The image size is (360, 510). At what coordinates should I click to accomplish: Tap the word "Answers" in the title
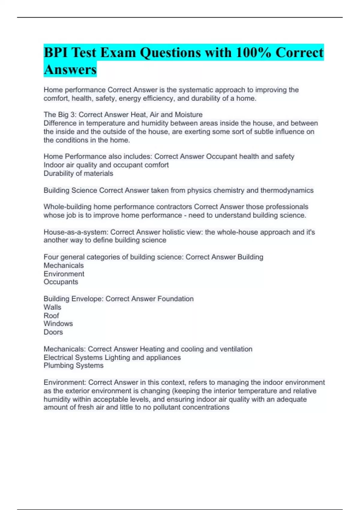pos(70,69)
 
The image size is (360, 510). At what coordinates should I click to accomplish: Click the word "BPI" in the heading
pos(55,52)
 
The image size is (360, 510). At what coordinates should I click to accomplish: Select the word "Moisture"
pos(189,115)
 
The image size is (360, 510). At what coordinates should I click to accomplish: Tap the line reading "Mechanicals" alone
pos(64,265)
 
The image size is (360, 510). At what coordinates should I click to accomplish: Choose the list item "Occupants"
pos(61,282)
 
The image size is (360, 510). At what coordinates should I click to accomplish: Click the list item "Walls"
pos(52,307)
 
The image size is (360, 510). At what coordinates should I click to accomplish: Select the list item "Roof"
pos(51,316)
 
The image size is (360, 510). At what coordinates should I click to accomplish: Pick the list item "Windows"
pos(58,324)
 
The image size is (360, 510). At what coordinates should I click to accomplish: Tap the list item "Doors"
pos(53,332)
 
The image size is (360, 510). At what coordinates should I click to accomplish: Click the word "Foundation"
pos(175,299)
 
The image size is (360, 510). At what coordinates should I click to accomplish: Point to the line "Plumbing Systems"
pos(73,365)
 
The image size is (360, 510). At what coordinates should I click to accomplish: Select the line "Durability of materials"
pos(78,173)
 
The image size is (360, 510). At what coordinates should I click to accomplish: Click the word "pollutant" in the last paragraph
pos(167,407)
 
